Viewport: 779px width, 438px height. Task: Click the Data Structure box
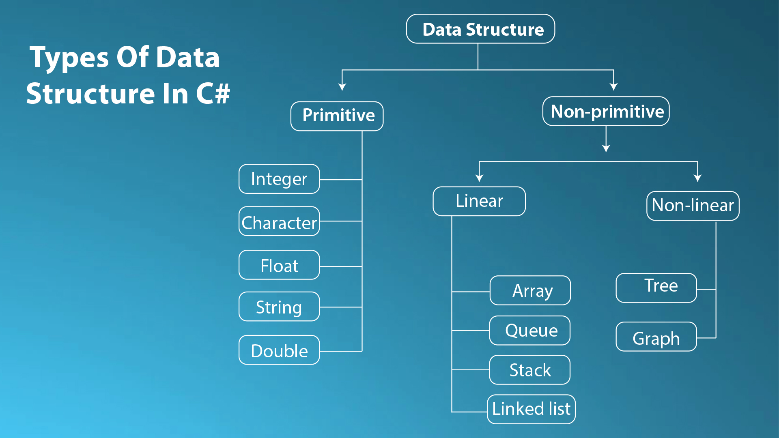pyautogui.click(x=480, y=29)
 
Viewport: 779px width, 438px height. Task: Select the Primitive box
pyautogui.click(x=337, y=116)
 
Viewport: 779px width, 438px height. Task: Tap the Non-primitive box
pyautogui.click(x=606, y=111)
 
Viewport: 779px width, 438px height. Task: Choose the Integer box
pyautogui.click(x=279, y=179)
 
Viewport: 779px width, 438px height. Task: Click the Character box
pyautogui.click(x=279, y=221)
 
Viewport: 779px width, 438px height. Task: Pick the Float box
pyautogui.click(x=279, y=265)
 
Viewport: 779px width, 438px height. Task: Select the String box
pyautogui.click(x=279, y=307)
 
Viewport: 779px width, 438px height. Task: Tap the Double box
pyautogui.click(x=279, y=350)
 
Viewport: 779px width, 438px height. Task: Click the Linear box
pyautogui.click(x=479, y=201)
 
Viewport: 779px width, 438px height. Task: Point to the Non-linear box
pyautogui.click(x=693, y=206)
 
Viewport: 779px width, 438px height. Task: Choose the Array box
pyautogui.click(x=530, y=290)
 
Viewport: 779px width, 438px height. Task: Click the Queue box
pyautogui.click(x=530, y=331)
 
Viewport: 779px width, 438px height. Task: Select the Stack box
pyautogui.click(x=530, y=370)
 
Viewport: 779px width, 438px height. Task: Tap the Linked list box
pyautogui.click(x=531, y=409)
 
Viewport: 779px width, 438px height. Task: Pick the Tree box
pyautogui.click(x=656, y=288)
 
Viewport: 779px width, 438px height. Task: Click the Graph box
pyautogui.click(x=656, y=337)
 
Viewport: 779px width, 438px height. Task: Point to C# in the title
pyautogui.click(x=213, y=93)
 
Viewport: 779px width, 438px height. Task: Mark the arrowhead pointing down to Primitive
pyautogui.click(x=342, y=87)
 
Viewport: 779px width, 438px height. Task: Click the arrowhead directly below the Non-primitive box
pyautogui.click(x=606, y=148)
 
